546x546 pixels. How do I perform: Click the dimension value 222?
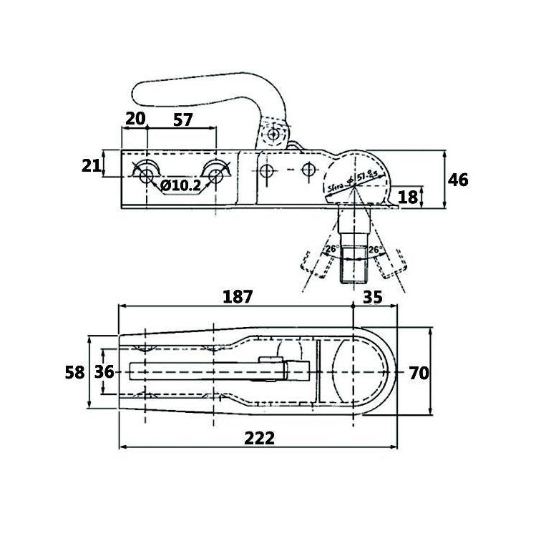click(x=259, y=438)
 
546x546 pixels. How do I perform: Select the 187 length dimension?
click(x=238, y=296)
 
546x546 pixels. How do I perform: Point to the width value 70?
click(x=419, y=372)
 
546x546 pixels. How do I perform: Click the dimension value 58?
click(x=74, y=372)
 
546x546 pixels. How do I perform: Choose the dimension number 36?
click(x=105, y=372)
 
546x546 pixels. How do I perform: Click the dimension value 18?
click(x=407, y=196)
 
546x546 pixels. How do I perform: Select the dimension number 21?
click(x=91, y=166)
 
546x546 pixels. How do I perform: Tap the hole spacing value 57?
click(x=183, y=120)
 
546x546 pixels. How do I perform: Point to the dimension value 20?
click(x=135, y=120)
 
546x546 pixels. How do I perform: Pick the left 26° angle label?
click(x=331, y=250)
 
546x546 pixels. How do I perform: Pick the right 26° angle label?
click(x=374, y=250)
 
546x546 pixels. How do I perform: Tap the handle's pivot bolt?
click(x=273, y=135)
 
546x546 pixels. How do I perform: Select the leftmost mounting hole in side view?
click(x=145, y=172)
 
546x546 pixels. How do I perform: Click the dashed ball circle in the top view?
click(x=354, y=372)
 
